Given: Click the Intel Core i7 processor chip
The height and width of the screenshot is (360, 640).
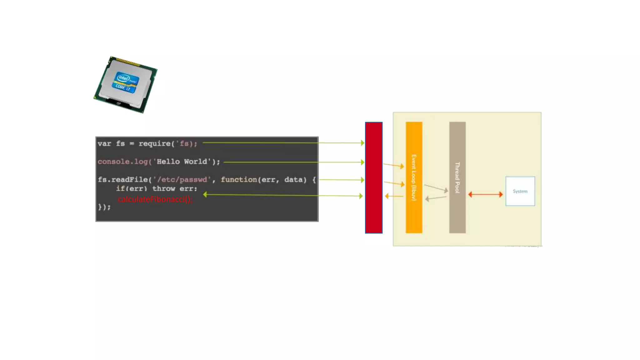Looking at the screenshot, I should point(126,84).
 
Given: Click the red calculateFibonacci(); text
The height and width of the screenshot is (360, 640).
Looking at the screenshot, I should point(155,199).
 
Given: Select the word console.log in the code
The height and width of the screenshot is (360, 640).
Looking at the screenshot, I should point(122,162).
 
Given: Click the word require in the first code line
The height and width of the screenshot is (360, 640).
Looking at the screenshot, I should point(154,143).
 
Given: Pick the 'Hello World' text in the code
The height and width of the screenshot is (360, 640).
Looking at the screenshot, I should point(182,162).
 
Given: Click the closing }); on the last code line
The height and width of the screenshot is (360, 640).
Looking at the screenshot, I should point(104,207).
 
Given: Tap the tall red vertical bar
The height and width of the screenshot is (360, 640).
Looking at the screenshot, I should point(374,177).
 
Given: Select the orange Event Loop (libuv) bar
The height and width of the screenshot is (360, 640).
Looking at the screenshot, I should point(414,177).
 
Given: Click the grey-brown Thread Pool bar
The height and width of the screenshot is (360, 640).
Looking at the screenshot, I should point(457,177).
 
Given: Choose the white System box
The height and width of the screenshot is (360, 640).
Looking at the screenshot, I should point(520,191).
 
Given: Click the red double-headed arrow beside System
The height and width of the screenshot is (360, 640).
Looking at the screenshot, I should point(485,194).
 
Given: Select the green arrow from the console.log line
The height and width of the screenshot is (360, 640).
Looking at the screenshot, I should point(294,162).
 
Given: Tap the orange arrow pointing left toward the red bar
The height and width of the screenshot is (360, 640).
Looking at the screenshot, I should point(394,196).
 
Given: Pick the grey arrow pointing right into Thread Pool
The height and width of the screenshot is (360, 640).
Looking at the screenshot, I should point(436,188).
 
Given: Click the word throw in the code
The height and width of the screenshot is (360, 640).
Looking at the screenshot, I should point(163,189).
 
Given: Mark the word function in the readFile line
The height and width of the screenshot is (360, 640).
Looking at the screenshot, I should point(239,180).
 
